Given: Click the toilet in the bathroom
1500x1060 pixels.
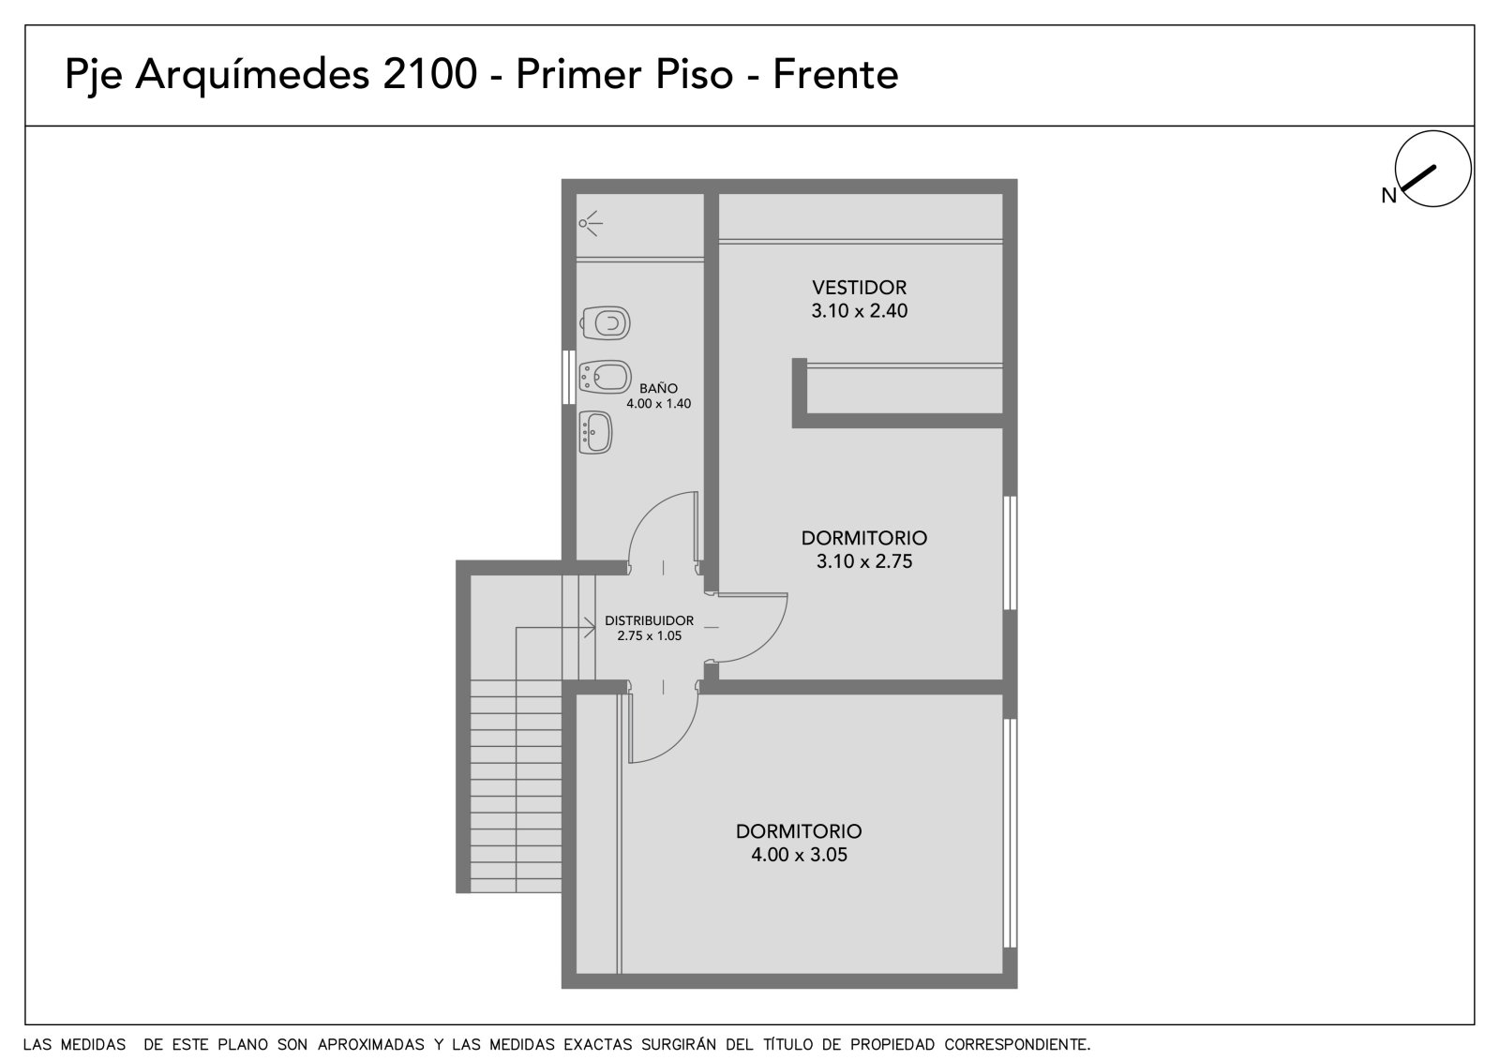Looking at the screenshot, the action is (x=605, y=323).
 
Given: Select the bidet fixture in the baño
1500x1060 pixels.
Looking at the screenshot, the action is (x=606, y=377).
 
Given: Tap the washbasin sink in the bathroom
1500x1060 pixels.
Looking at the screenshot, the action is (x=595, y=433).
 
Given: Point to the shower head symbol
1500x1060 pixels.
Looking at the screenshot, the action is (x=590, y=223).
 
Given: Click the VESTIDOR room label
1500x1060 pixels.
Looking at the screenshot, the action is (x=859, y=288).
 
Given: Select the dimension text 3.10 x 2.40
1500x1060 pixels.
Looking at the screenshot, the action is (x=859, y=311).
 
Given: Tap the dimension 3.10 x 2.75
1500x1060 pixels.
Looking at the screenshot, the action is (x=863, y=561).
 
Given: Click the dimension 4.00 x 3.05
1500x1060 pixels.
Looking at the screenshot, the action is (x=799, y=855).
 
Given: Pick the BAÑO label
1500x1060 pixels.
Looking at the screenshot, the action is (x=658, y=388).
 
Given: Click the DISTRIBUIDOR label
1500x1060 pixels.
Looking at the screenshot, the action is (x=649, y=620).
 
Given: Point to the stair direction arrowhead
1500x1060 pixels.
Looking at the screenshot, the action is (x=590, y=628).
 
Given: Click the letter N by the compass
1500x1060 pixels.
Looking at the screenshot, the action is (x=1388, y=196).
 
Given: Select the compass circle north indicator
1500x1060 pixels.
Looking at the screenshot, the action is (x=1433, y=169).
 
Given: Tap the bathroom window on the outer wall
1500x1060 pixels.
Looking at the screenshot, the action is (x=568, y=377).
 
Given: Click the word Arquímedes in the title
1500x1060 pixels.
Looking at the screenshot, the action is (x=252, y=74).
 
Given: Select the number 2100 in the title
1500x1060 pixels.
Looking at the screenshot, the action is (x=429, y=74).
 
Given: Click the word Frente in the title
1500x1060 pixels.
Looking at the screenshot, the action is (x=835, y=74).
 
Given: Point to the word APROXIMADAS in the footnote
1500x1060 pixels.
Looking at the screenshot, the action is (x=371, y=1045).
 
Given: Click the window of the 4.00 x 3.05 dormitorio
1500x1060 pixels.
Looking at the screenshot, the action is (x=1010, y=834).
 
